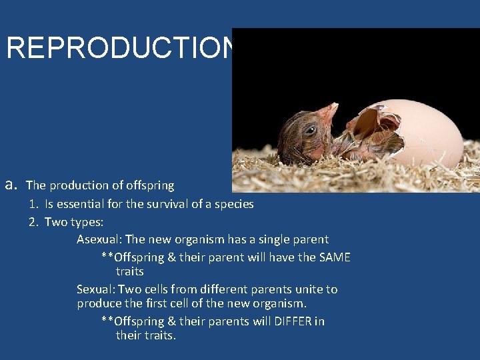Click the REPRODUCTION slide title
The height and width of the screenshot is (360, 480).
(x=120, y=47)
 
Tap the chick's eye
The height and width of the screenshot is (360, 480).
(x=310, y=130)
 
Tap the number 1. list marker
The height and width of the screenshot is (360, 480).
(x=33, y=204)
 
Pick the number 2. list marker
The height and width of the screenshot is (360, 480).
(x=33, y=221)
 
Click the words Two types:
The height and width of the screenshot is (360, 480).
(x=74, y=221)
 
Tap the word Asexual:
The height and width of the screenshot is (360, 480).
(x=99, y=239)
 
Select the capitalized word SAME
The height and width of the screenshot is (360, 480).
(x=334, y=257)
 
